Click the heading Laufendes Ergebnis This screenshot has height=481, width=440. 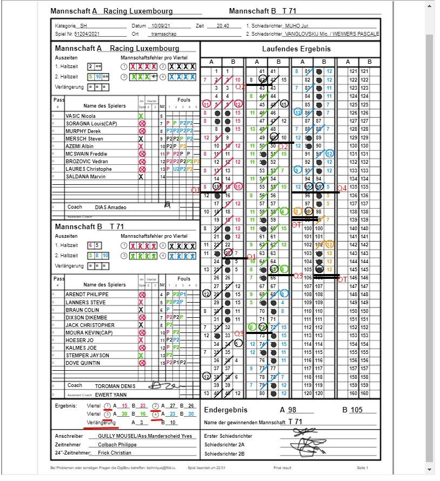tap(291, 49)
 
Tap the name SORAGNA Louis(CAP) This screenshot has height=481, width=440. tap(91, 123)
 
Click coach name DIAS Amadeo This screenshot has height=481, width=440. tap(111, 207)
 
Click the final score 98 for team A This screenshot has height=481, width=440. tap(292, 410)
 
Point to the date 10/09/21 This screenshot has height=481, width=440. tap(161, 25)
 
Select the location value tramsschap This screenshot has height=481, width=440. tap(162, 33)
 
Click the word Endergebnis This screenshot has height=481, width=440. tap(226, 410)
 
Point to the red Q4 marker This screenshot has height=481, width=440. tap(341, 188)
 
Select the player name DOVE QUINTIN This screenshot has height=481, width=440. tap(83, 363)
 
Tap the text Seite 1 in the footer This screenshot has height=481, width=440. tap(362, 467)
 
